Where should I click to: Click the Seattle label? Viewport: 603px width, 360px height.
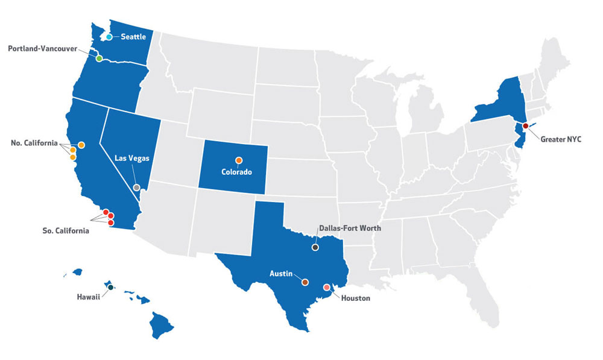[133, 37]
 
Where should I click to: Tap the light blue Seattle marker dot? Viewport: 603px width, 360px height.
[109, 37]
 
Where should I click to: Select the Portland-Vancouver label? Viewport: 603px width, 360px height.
[42, 48]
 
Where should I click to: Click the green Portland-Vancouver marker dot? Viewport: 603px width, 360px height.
[99, 58]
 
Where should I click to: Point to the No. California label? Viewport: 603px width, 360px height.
[34, 144]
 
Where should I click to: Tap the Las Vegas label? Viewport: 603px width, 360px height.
[132, 158]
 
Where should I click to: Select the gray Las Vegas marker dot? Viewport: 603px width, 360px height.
[137, 188]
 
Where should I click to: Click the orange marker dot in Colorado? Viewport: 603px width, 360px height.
[239, 160]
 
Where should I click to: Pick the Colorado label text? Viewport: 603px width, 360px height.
[236, 171]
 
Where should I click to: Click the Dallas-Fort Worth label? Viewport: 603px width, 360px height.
[350, 229]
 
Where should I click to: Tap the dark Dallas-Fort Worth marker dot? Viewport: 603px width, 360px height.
[315, 247]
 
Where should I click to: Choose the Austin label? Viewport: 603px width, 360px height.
[281, 274]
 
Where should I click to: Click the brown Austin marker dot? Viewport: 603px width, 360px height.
[305, 282]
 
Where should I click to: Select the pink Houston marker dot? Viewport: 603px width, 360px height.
[327, 287]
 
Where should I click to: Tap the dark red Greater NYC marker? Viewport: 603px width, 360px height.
[525, 125]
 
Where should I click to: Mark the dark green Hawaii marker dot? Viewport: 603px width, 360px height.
[110, 288]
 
